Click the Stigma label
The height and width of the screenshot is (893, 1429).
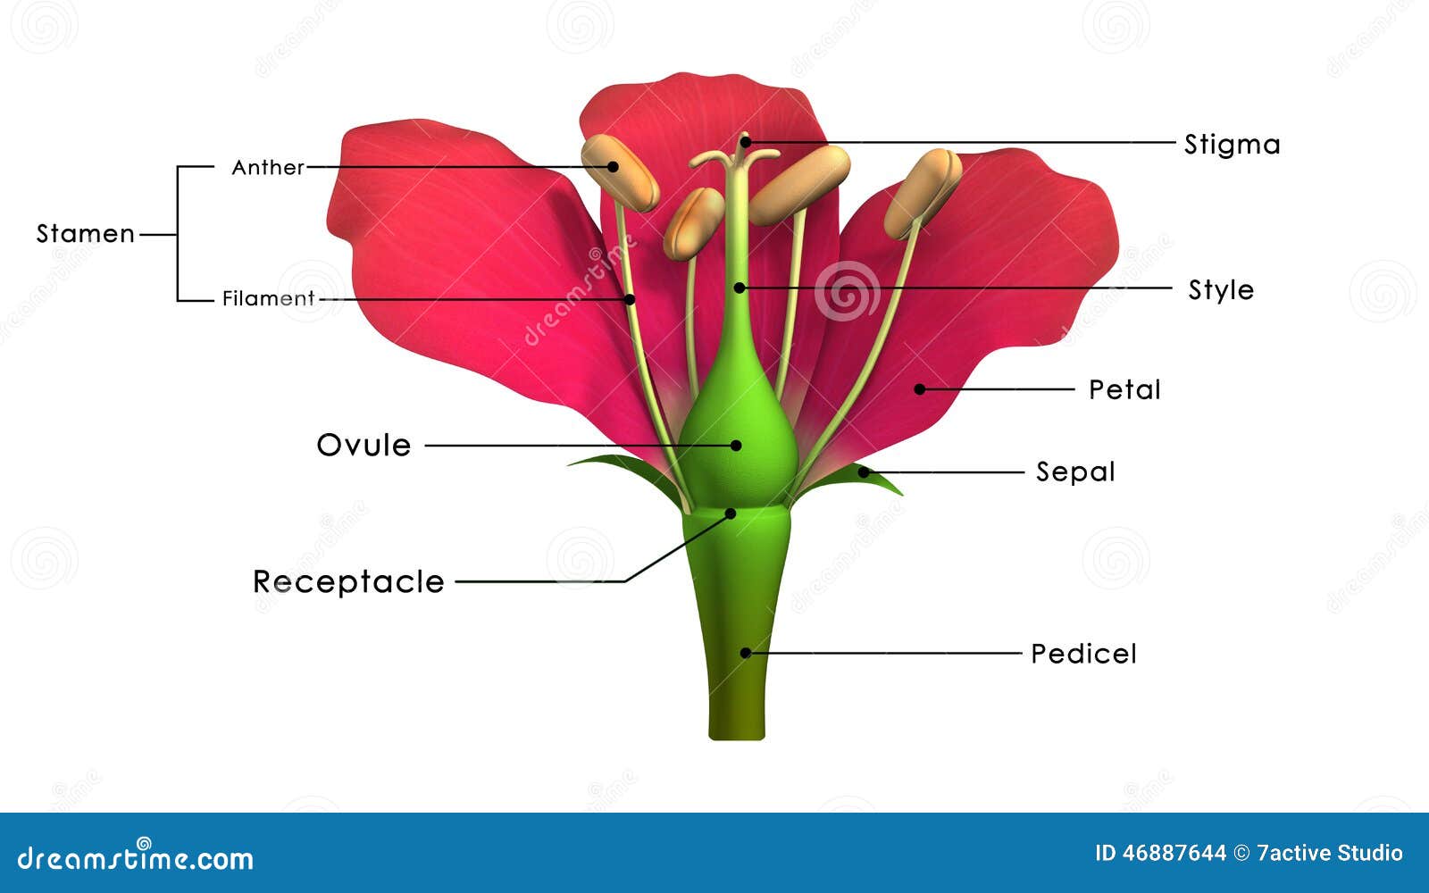1232,145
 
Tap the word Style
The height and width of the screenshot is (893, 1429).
1220,290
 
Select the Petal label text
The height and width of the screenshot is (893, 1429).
1124,390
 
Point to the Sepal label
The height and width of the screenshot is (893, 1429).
1074,472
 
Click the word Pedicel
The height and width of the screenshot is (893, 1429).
1082,654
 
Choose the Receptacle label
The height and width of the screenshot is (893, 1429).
348,582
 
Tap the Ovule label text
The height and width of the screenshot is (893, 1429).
364,445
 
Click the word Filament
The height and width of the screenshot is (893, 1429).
268,298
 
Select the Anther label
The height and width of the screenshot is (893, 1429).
267,167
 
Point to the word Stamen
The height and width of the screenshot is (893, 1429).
85,234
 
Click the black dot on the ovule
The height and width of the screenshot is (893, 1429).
736,445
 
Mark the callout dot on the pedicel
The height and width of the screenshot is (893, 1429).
745,653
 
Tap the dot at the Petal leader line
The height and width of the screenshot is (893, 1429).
919,389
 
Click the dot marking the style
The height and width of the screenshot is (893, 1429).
739,288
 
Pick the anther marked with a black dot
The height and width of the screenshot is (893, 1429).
619,171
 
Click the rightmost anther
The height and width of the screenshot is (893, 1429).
923,192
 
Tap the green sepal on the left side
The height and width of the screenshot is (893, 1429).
625,470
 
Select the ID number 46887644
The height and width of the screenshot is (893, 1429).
1174,854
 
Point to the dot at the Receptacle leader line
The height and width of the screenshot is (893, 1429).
730,513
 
